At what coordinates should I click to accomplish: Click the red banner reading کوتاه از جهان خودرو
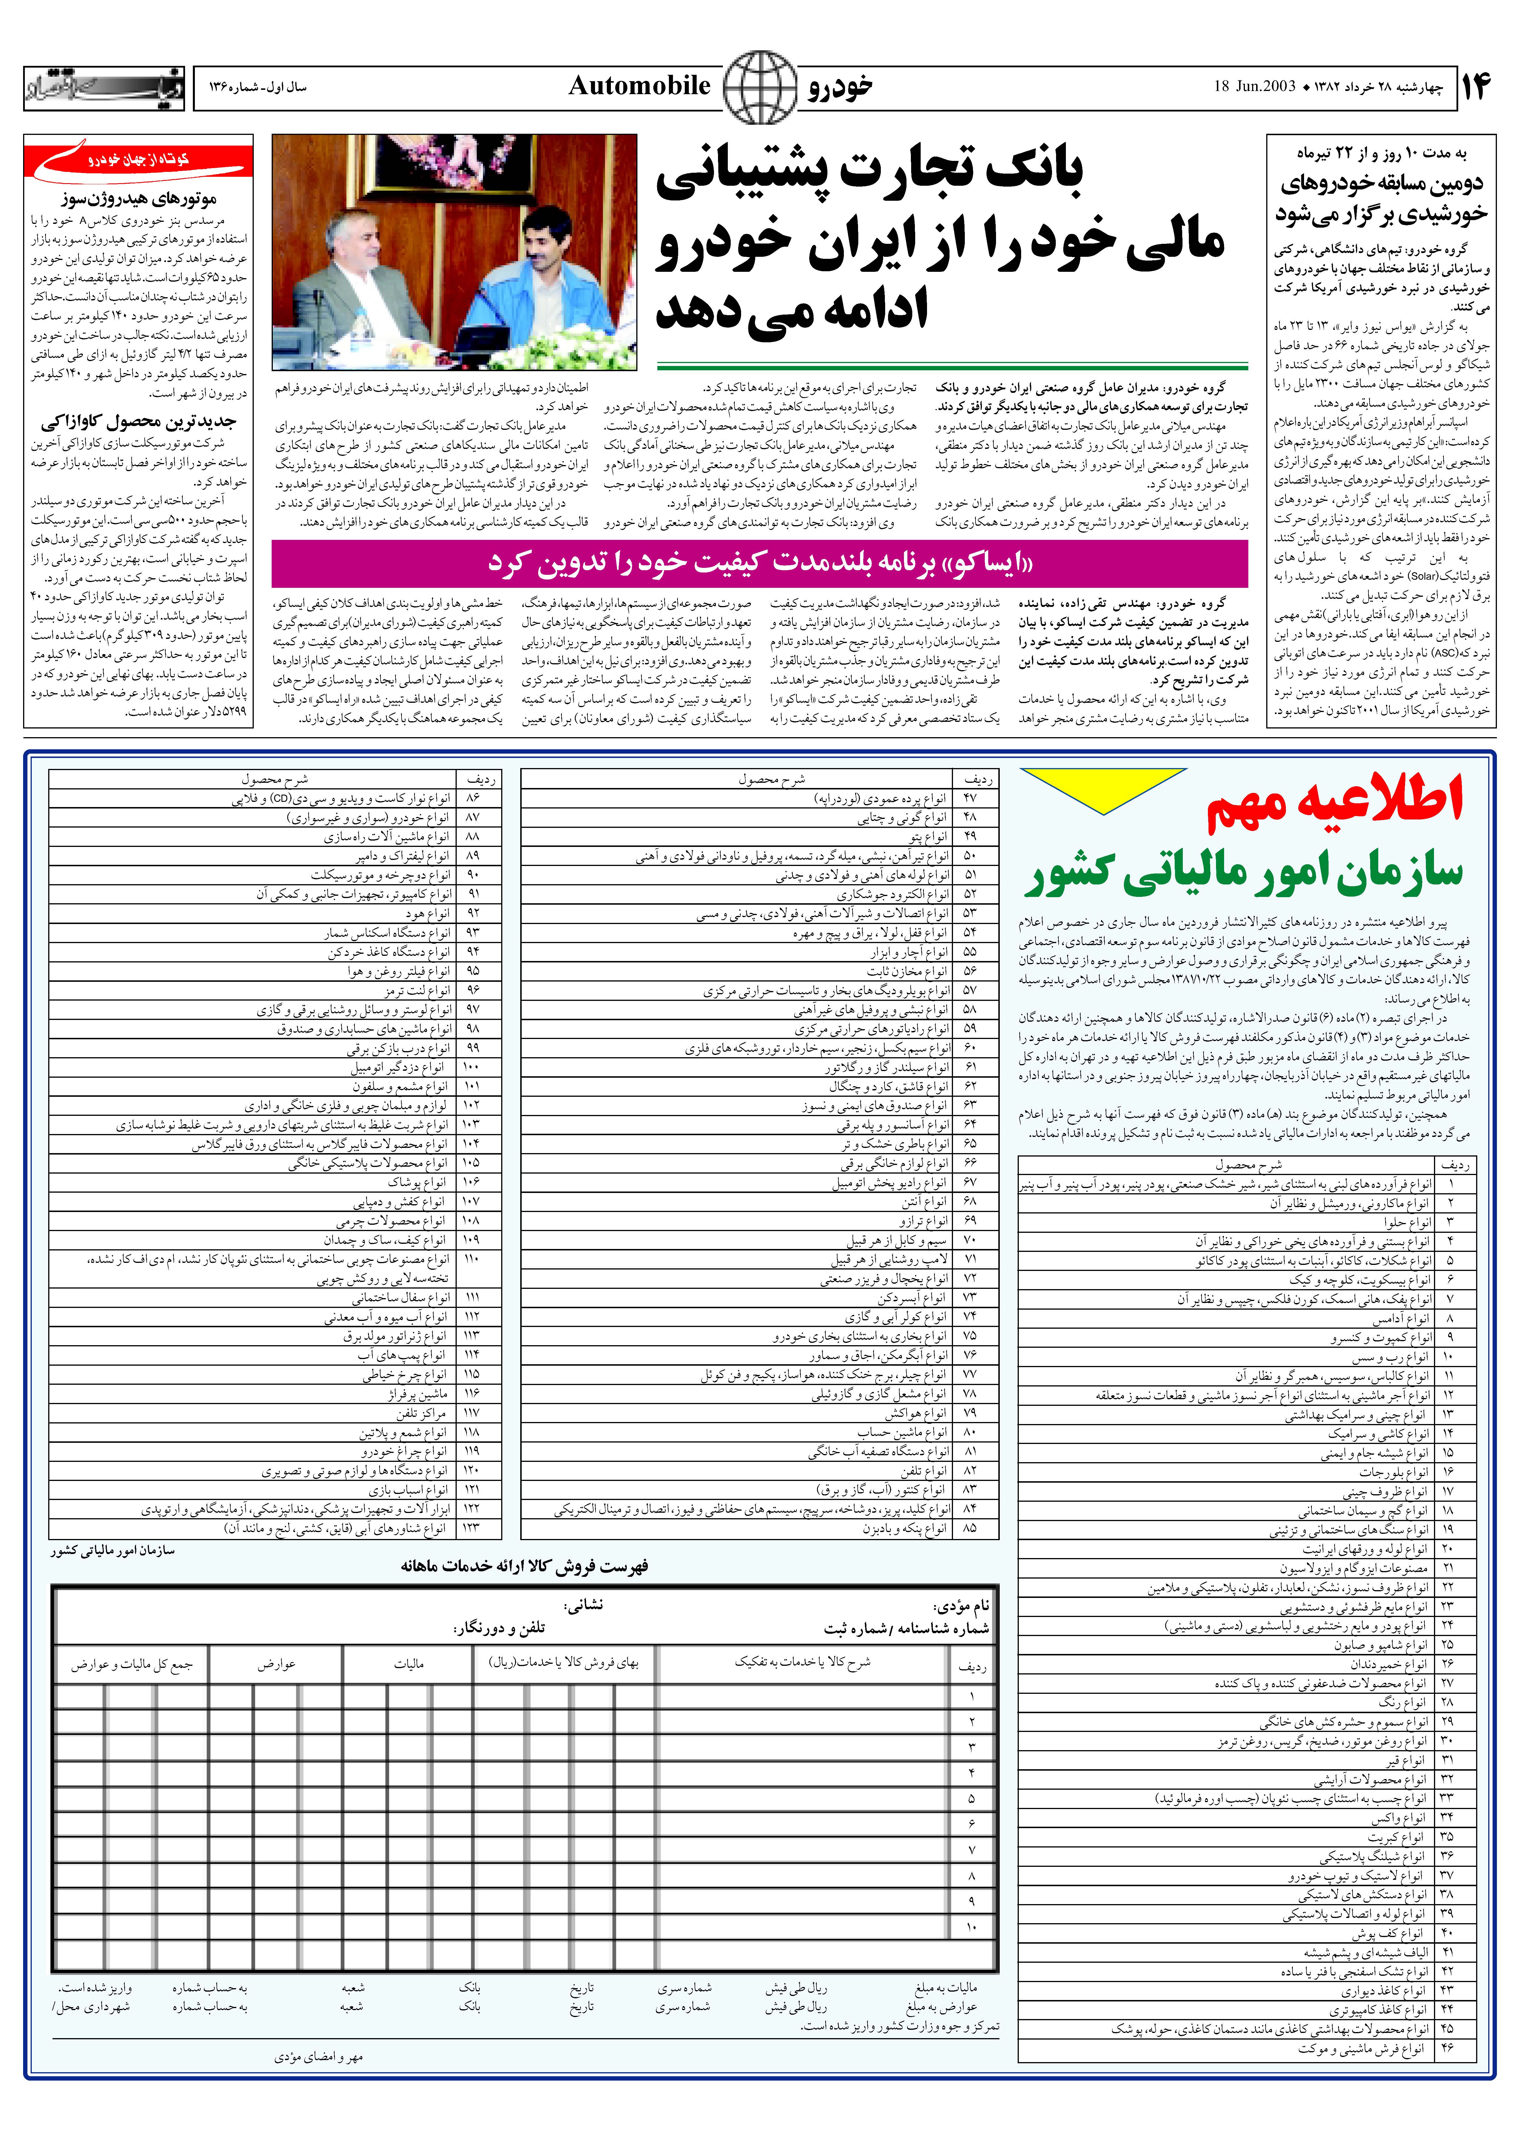(139, 161)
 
